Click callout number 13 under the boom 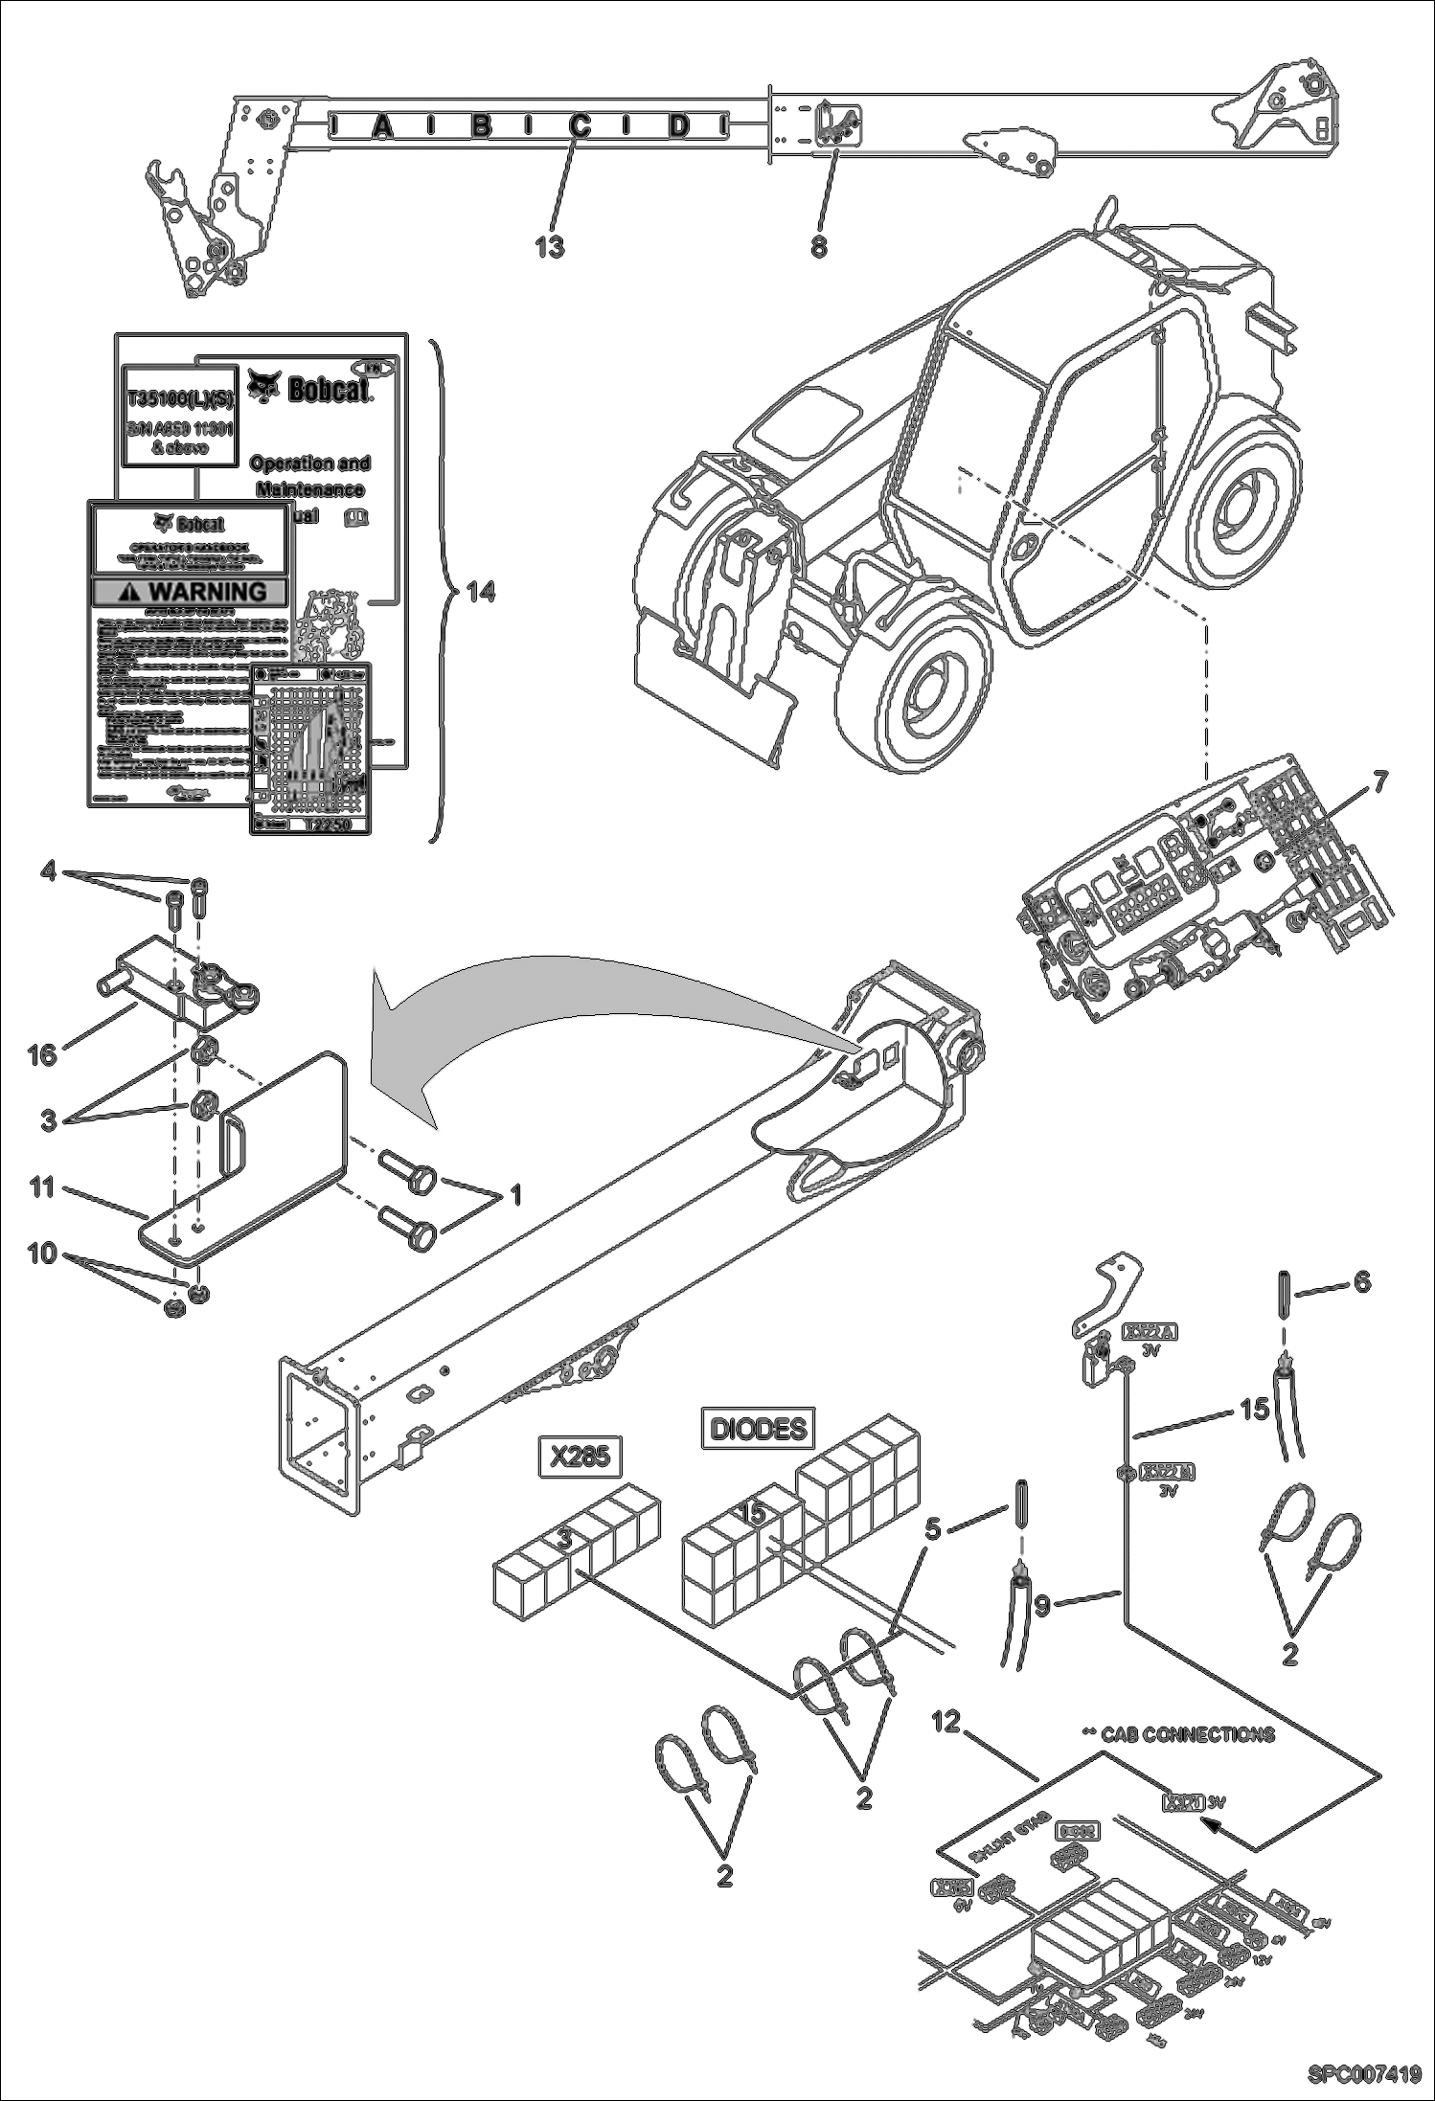click(549, 246)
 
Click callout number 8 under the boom click(818, 246)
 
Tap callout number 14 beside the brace click(481, 593)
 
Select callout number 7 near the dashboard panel click(1378, 782)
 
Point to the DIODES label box click(759, 1430)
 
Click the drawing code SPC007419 click(1364, 2074)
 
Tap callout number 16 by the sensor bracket click(42, 1054)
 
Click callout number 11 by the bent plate click(42, 1187)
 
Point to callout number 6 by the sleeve click(1361, 1281)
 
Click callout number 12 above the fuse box click(945, 1722)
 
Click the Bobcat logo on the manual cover click(308, 387)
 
